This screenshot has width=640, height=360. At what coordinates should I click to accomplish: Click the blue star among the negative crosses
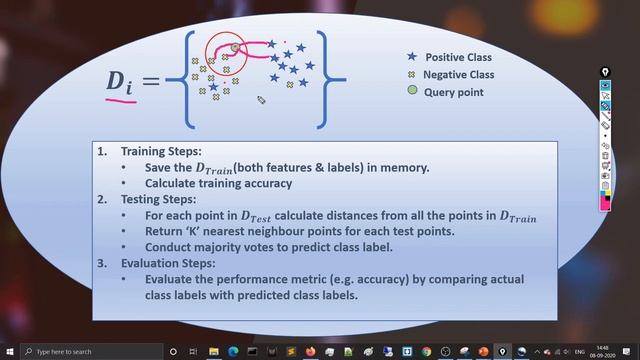214,88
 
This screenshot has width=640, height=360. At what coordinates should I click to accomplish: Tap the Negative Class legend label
458,75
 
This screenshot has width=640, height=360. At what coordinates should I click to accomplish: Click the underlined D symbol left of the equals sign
120,81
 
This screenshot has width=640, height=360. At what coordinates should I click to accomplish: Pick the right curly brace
337,75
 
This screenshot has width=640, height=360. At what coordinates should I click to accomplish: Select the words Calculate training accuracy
218,183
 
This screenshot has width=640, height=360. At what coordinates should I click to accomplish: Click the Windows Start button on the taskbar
8,352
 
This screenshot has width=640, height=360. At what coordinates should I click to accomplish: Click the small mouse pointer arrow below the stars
260,99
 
